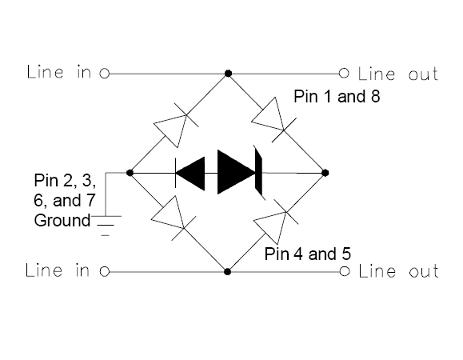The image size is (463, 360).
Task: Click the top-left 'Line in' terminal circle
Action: [105, 74]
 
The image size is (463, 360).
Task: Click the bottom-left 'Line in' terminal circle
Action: [105, 271]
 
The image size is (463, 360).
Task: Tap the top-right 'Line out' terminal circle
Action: [344, 73]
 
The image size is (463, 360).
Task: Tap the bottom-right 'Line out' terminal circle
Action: [345, 271]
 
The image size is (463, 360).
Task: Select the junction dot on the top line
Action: [228, 74]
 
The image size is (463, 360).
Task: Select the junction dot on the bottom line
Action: [227, 271]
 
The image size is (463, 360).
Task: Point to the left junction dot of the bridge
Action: [130, 173]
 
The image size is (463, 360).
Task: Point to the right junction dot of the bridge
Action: [325, 173]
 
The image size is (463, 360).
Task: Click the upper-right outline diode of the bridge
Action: [271, 118]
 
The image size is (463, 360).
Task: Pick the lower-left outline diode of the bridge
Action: [172, 217]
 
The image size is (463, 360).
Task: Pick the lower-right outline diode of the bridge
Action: [274, 221]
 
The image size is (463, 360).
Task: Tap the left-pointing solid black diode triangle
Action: [190, 174]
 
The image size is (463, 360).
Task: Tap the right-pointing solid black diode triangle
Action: [236, 172]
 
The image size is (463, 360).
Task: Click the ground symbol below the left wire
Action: [106, 226]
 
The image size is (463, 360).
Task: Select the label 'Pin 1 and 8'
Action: [337, 96]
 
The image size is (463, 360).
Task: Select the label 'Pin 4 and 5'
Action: [307, 254]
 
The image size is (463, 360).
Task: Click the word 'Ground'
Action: [62, 221]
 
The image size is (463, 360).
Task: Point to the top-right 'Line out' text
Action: [398, 74]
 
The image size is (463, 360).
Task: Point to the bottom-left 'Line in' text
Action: [58, 270]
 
